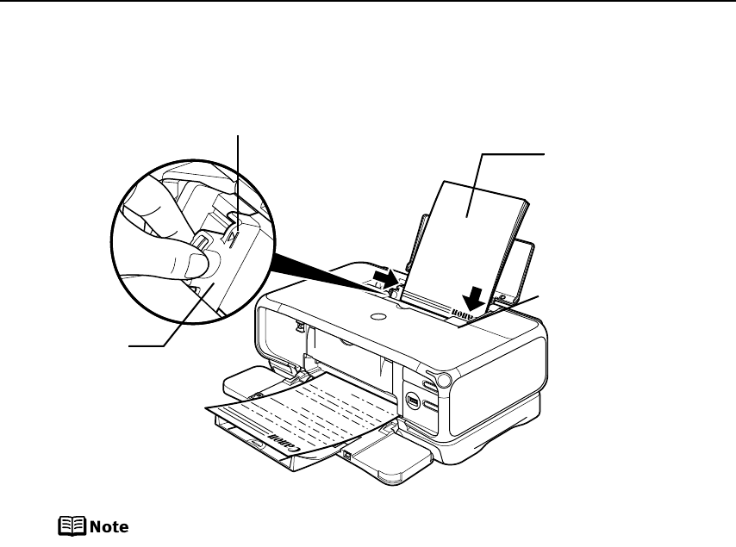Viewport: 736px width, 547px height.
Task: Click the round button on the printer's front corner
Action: (446, 380)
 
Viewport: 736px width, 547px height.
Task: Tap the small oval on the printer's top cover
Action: (377, 317)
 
